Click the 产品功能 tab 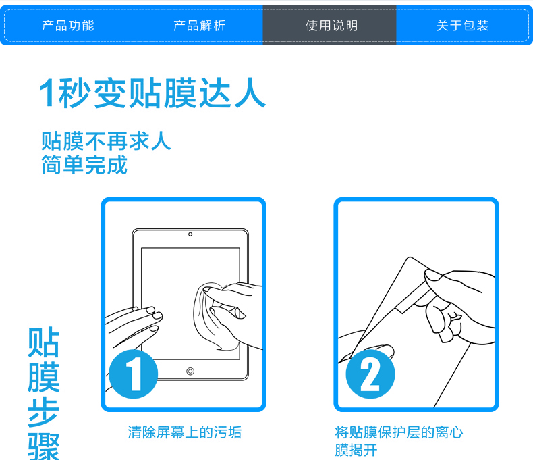coord(68,26)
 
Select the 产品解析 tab coord(200,26)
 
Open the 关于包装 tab coord(463,26)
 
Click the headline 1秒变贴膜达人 coord(152,93)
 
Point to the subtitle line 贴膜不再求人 coord(106,141)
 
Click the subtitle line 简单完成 coord(84,165)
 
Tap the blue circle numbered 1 coord(134,374)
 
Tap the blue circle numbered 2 coord(370,374)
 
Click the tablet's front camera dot coord(190,234)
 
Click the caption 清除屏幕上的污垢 coord(185,432)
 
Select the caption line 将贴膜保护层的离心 coord(399,432)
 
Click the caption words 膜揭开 coord(356,450)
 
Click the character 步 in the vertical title coord(43,412)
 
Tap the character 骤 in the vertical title coord(43,446)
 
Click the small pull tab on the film coord(412,303)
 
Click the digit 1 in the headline coord(47,93)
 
